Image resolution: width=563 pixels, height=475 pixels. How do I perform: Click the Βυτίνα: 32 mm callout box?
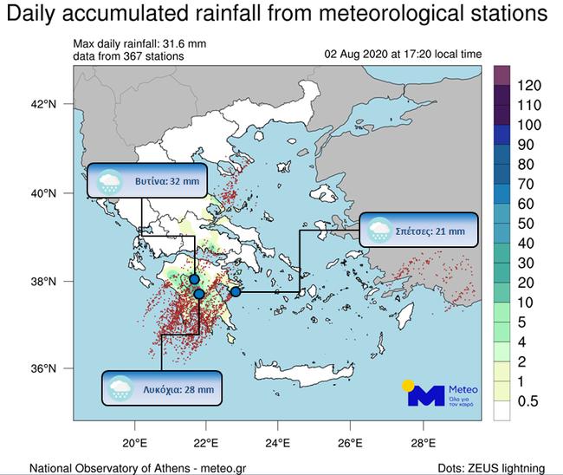(148, 181)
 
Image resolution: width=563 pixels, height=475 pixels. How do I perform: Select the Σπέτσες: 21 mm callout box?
(417, 230)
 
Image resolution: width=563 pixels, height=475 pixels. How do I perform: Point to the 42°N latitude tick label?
(42, 105)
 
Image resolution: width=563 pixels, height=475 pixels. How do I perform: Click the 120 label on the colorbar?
(528, 87)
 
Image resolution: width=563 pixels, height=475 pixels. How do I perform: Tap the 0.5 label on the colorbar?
(527, 400)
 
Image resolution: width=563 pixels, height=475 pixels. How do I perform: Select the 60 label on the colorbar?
(525, 204)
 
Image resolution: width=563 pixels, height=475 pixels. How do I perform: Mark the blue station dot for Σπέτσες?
(236, 291)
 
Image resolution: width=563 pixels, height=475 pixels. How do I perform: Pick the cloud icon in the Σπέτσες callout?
(379, 230)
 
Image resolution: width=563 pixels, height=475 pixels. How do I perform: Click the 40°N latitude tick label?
(42, 193)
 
